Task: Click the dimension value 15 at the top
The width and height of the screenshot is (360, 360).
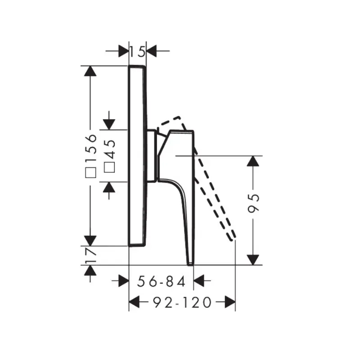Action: [137, 51]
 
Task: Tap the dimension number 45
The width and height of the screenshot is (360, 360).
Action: [109, 149]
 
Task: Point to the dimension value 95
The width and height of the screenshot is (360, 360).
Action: [253, 203]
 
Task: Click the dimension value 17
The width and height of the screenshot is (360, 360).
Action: [90, 255]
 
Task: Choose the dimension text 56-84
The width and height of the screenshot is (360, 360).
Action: [161, 282]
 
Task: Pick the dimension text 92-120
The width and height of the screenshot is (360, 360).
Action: [182, 302]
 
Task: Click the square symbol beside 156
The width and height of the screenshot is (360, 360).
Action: [90, 173]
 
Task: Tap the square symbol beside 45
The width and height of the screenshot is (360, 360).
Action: [109, 167]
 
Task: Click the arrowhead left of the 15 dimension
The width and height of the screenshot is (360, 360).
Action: [123, 51]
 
